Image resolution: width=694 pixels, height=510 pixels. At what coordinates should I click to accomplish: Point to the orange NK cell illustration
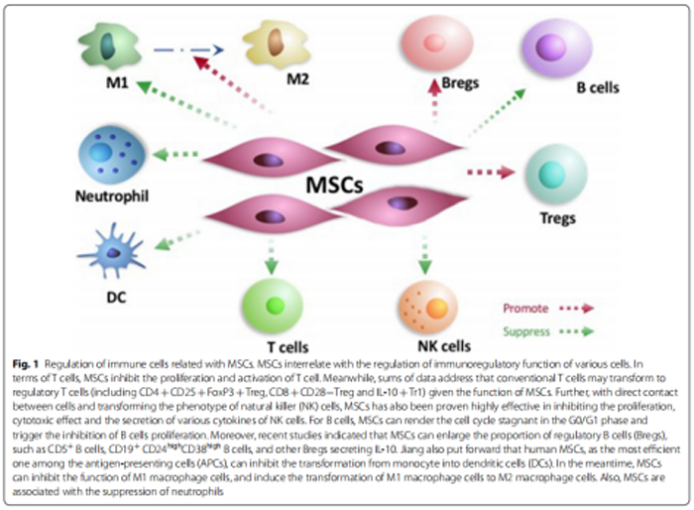(423, 304)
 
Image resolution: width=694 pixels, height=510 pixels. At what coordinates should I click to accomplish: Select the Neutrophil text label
(111, 196)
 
